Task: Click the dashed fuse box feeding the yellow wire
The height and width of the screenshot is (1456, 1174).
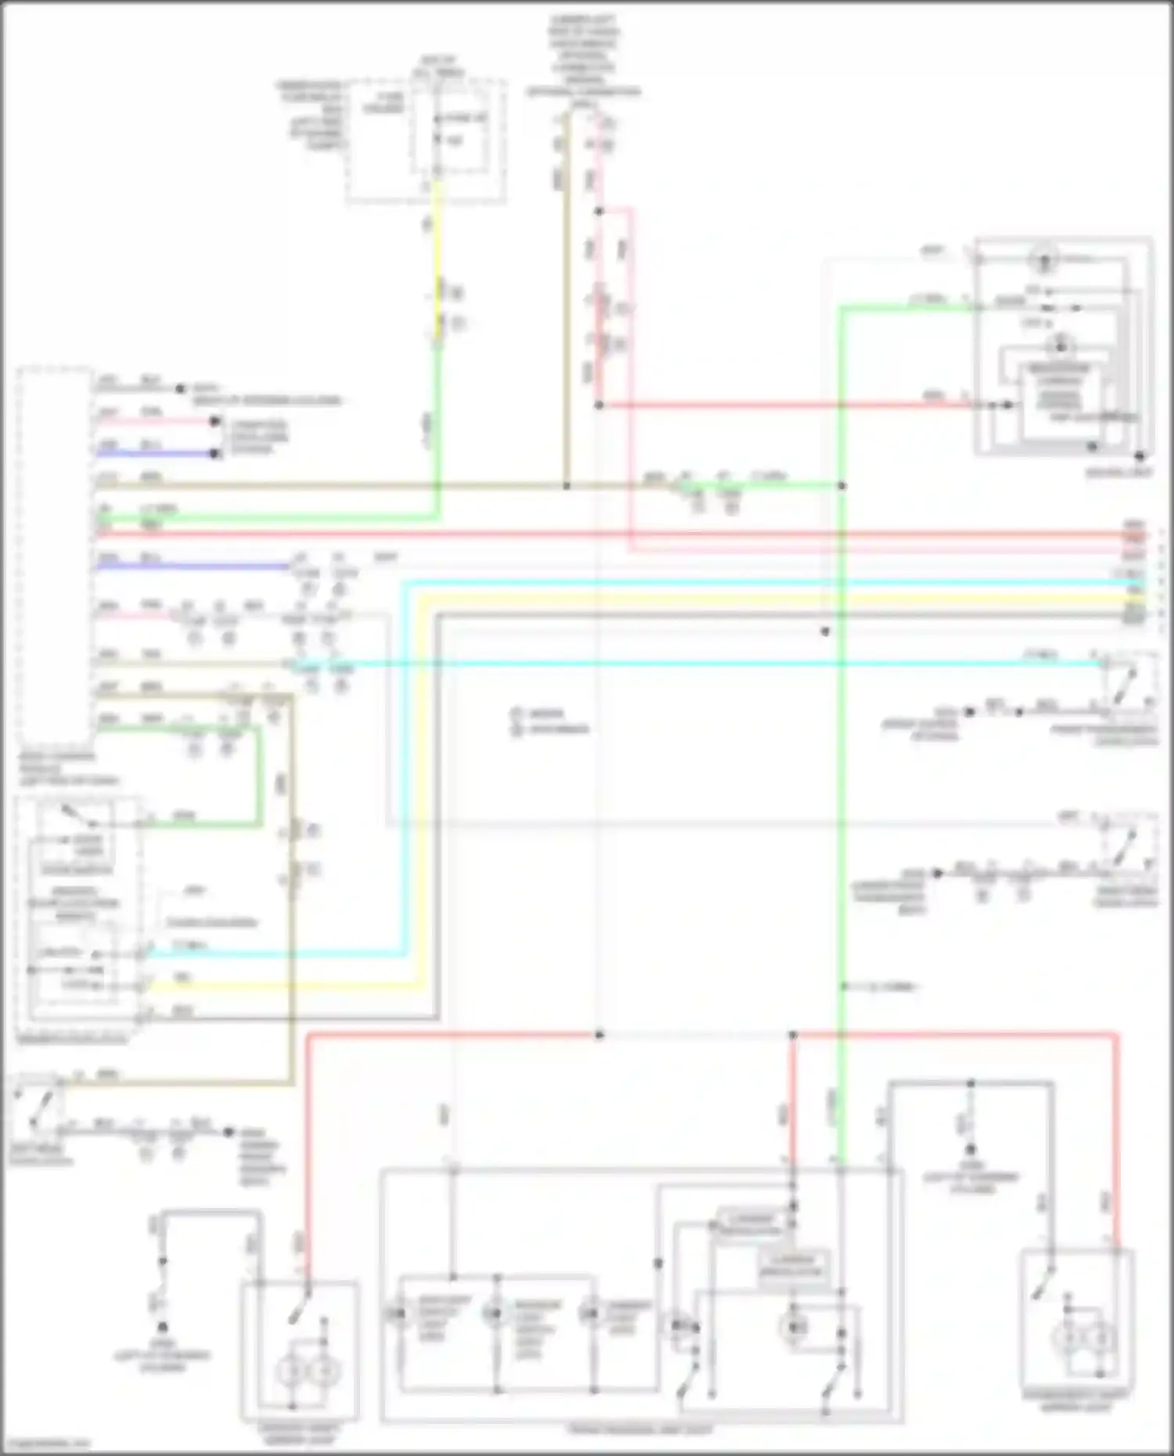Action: point(425,141)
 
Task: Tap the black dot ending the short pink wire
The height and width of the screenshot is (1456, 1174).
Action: point(214,422)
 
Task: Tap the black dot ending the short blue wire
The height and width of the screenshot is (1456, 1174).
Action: point(214,454)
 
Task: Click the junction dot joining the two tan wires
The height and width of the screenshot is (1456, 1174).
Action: point(567,486)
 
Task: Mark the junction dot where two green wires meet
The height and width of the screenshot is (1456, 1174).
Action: point(841,486)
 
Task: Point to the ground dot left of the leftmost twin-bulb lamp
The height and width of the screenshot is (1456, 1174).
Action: point(163,1327)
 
